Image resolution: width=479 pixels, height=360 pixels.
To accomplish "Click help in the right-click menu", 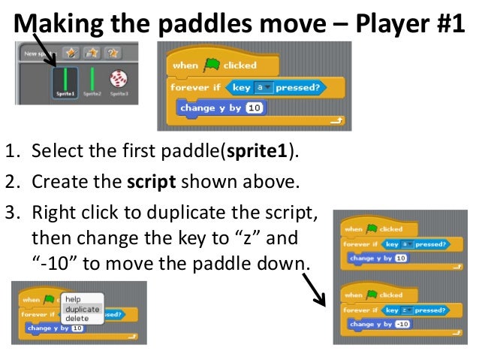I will (73, 299).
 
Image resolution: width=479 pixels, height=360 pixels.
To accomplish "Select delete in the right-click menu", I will (77, 319).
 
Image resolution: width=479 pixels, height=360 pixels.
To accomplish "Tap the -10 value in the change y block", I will (403, 325).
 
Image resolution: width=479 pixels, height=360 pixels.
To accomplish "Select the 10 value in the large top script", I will (253, 108).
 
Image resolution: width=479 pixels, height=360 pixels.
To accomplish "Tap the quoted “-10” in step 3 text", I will (53, 265).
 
